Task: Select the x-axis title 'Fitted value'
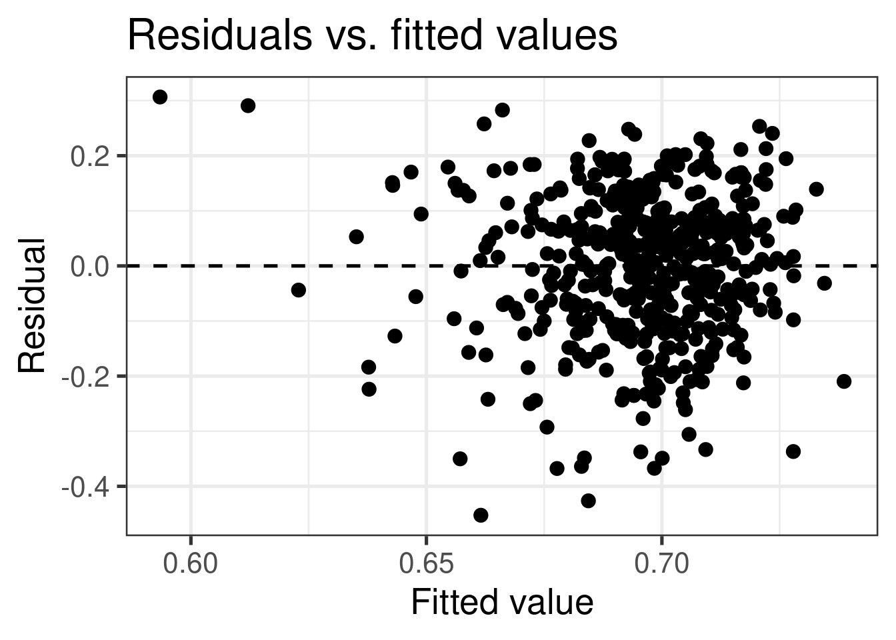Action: tap(501, 603)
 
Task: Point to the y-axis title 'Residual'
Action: tap(32, 306)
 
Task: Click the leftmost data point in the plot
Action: tap(160, 97)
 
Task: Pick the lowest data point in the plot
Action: tap(481, 515)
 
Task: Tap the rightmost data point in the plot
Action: tap(844, 381)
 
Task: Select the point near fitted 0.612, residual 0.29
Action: tap(248, 105)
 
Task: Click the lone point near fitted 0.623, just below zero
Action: tap(299, 289)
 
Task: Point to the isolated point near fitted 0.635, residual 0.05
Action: tap(357, 237)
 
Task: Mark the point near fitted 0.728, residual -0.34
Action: tap(793, 451)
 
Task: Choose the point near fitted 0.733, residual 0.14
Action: tap(816, 189)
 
